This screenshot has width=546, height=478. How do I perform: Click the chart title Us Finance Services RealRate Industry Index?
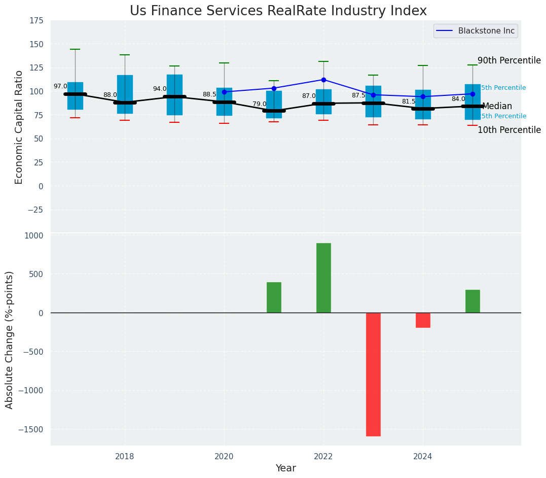click(x=278, y=11)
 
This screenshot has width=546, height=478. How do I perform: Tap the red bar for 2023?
click(x=373, y=374)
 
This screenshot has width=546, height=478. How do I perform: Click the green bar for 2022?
click(x=323, y=278)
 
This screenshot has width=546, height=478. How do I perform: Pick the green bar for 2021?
click(x=274, y=297)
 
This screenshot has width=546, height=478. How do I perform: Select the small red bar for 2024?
click(x=423, y=320)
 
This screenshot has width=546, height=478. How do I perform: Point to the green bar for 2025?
click(x=472, y=301)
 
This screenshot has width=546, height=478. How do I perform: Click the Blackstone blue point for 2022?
click(x=323, y=80)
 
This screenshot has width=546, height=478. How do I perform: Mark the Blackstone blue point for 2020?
click(x=224, y=92)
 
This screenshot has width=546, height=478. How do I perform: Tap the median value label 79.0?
click(x=260, y=104)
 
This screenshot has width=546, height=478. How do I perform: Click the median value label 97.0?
click(x=60, y=87)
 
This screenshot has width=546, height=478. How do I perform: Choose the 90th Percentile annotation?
click(x=509, y=60)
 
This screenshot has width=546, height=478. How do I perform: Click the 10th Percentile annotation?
click(x=509, y=130)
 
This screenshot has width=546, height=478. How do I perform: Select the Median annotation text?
click(x=497, y=107)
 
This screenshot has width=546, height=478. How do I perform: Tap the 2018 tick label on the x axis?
click(x=125, y=457)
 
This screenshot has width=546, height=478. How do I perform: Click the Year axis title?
click(x=285, y=468)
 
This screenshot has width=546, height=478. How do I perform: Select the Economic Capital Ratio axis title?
click(x=19, y=127)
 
